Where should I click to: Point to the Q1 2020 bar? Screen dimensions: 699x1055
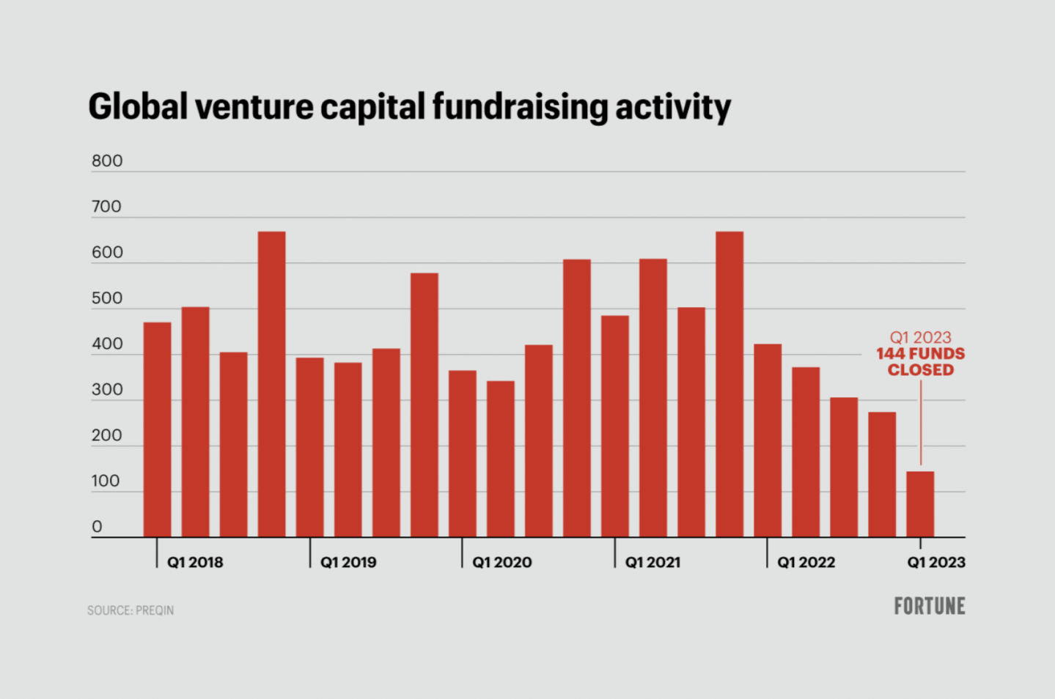463,454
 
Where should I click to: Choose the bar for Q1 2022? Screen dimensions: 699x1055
768,440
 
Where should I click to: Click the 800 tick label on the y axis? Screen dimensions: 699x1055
107,161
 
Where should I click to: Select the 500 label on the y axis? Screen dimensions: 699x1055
107,299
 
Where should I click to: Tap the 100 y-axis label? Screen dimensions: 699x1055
106,481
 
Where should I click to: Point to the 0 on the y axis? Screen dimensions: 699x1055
97,527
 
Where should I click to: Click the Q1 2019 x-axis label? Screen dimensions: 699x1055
348,563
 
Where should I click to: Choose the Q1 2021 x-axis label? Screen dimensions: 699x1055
653,563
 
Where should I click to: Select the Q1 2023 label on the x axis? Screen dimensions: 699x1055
936,563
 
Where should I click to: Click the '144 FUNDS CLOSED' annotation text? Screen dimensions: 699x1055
921,362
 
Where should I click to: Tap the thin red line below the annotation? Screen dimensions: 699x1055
921,421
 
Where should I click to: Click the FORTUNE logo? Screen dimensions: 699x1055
929,606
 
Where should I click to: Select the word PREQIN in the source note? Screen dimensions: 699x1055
155,610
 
